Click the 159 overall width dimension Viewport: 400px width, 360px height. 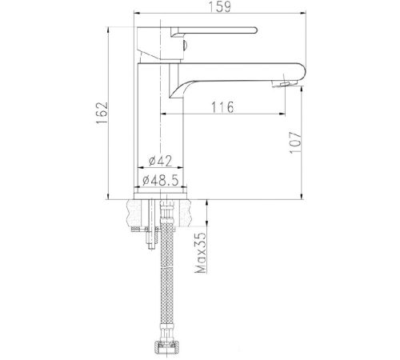point(219,6)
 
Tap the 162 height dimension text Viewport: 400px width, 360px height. point(102,113)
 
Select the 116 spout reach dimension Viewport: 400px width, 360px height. point(222,107)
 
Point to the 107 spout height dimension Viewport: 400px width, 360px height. point(295,142)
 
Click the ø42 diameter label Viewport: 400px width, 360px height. point(161,161)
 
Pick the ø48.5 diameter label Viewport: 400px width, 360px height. point(160,180)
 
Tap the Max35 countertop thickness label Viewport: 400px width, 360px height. point(201,253)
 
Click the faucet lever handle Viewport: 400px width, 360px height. point(214,31)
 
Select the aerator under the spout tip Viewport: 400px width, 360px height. point(285,83)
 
